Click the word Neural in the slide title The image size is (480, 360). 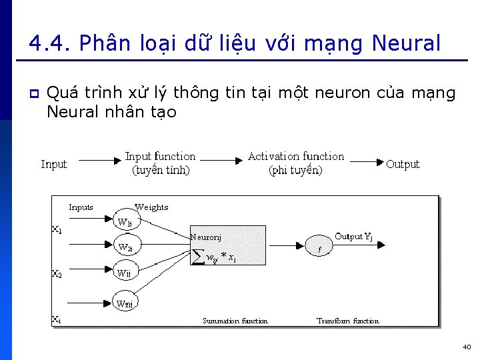point(406,44)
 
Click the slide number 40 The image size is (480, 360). point(466,347)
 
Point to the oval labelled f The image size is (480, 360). point(319,249)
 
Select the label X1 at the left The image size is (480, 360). point(57,230)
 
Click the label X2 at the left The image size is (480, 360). point(57,273)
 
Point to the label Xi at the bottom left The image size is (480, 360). point(57,319)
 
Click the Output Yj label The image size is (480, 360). point(353,237)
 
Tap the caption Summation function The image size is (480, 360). point(235,321)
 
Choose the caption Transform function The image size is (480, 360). point(347,321)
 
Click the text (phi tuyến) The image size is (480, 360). point(295,171)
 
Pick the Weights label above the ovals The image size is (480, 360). point(151,207)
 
